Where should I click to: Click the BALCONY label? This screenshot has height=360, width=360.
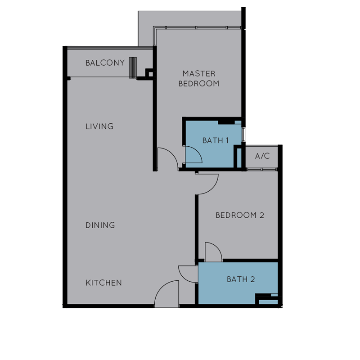105,63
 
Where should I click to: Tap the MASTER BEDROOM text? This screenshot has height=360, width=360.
199,78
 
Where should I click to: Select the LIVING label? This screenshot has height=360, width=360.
99,126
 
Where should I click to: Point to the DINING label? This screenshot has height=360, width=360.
100,225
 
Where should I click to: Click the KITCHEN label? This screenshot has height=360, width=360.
103,283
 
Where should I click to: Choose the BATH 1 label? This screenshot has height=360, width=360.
216,140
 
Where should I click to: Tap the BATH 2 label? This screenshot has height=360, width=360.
241,279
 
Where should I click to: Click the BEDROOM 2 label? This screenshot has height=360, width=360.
240,215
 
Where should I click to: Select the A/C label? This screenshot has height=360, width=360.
262,156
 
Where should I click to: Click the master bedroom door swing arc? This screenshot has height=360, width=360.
172,153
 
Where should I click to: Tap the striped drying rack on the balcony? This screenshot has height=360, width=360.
133,68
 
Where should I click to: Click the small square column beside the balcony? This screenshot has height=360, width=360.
151,74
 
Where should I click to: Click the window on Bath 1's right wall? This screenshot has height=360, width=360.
243,135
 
